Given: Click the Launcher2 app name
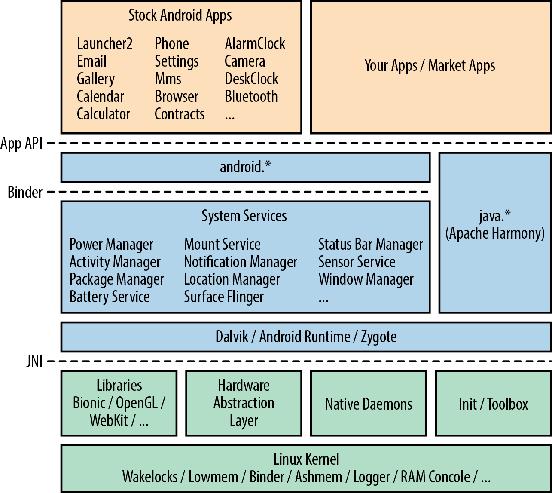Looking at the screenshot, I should pos(105,44).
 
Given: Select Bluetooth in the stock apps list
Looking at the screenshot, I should pos(251,97).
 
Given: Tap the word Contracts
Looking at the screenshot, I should pos(180,114).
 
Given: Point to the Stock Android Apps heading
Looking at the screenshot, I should pos(180,15).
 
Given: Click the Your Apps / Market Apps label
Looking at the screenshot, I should pos(430,66).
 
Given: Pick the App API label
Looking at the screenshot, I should pos(21,143).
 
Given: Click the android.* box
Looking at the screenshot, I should pos(245,167).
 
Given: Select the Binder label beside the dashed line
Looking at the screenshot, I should pos(25,192).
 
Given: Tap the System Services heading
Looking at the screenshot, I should pos(244,216).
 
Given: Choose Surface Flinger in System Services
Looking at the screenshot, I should pos(224,297).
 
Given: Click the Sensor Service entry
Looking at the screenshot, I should pos(357,262).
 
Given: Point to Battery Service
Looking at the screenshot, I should pos(110,297).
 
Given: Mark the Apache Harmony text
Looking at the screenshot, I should pos(495,233).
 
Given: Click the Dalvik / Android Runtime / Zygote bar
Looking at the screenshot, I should pos(306,337).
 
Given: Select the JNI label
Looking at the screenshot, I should pos(34,362).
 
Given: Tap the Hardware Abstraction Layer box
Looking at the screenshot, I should pos(244,403).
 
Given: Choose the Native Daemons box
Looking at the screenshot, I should pos(369,404).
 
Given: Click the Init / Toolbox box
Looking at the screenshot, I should pos(493,404).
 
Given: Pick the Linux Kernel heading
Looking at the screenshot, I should pos(306,459).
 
